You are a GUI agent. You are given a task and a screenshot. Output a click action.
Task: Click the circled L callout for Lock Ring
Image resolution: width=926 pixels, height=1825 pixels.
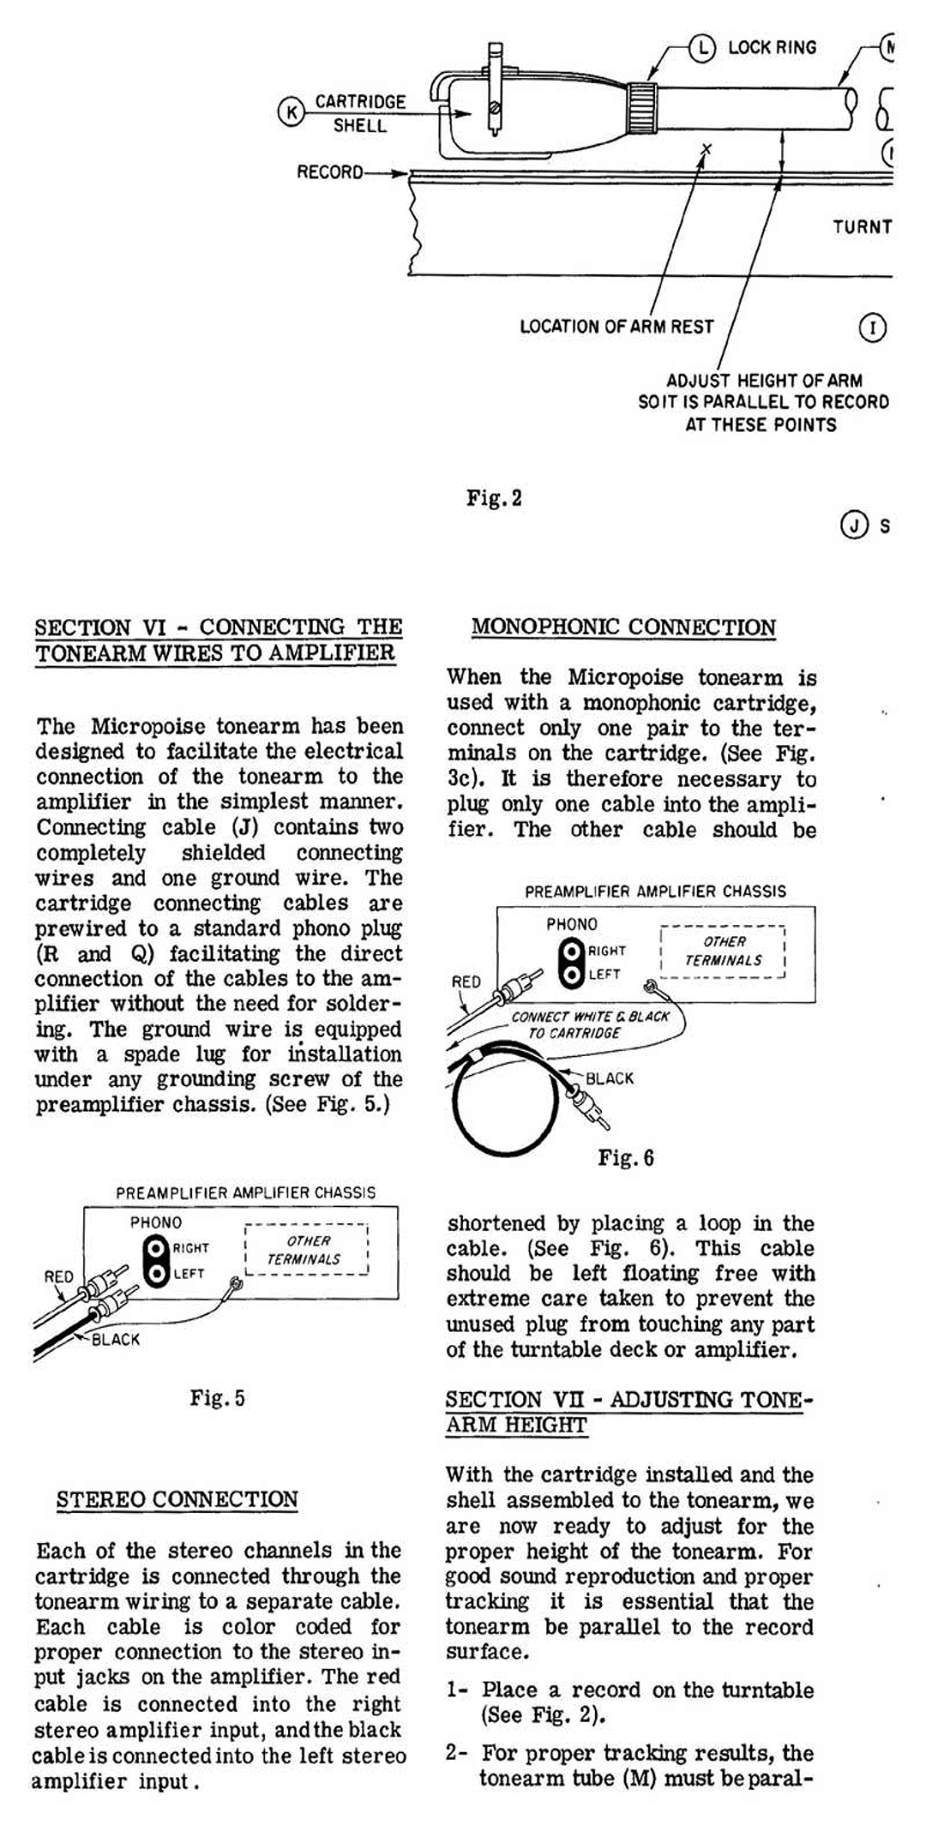pyautogui.click(x=702, y=48)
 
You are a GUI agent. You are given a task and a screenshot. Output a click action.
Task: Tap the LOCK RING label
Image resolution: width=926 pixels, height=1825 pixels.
pyautogui.click(x=772, y=48)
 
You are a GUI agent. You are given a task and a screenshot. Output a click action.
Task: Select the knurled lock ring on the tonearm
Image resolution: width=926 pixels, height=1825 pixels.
pyautogui.click(x=642, y=108)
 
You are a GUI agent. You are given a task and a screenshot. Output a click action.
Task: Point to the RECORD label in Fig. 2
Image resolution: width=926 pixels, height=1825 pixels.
pyautogui.click(x=330, y=172)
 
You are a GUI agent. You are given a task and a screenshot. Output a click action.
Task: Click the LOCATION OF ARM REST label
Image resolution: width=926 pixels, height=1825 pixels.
pyautogui.click(x=616, y=327)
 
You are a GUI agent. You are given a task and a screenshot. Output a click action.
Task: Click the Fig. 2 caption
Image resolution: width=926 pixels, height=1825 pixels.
pyautogui.click(x=494, y=498)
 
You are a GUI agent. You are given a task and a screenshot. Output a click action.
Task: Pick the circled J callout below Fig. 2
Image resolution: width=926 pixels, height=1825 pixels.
pyautogui.click(x=854, y=524)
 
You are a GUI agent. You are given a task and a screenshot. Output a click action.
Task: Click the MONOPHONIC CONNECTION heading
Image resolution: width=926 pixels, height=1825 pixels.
pyautogui.click(x=623, y=627)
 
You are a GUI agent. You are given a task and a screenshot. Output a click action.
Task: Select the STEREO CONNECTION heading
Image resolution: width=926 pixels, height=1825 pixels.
pyautogui.click(x=177, y=1499)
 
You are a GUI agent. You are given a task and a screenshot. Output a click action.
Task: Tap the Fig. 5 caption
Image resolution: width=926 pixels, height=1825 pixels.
pyautogui.click(x=217, y=1398)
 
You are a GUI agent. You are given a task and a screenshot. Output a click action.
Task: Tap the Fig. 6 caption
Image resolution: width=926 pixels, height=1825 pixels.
pyautogui.click(x=626, y=1158)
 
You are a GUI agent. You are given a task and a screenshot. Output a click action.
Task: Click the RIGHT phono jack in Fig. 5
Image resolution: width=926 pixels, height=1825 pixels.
pyautogui.click(x=157, y=1248)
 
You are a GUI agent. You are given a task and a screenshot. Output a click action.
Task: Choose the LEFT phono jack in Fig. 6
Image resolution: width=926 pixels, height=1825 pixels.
pyautogui.click(x=571, y=975)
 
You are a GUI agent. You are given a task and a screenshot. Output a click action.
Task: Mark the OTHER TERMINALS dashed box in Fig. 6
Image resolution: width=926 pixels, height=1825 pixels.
pyautogui.click(x=723, y=952)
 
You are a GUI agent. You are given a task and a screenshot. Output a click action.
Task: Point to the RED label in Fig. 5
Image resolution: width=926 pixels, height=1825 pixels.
pyautogui.click(x=58, y=1276)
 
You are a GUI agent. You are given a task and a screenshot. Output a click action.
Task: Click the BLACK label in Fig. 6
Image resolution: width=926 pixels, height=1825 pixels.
pyautogui.click(x=610, y=1078)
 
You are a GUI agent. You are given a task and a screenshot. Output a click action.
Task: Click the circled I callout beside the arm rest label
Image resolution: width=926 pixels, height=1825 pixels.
pyautogui.click(x=872, y=327)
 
